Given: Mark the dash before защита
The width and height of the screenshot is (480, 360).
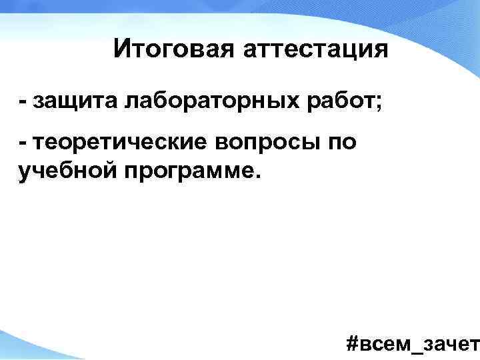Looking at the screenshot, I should coord(23,103).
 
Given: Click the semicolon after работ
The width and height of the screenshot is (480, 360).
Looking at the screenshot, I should coord(361,104).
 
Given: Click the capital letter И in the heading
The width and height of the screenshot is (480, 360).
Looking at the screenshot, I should coord(121,49).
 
